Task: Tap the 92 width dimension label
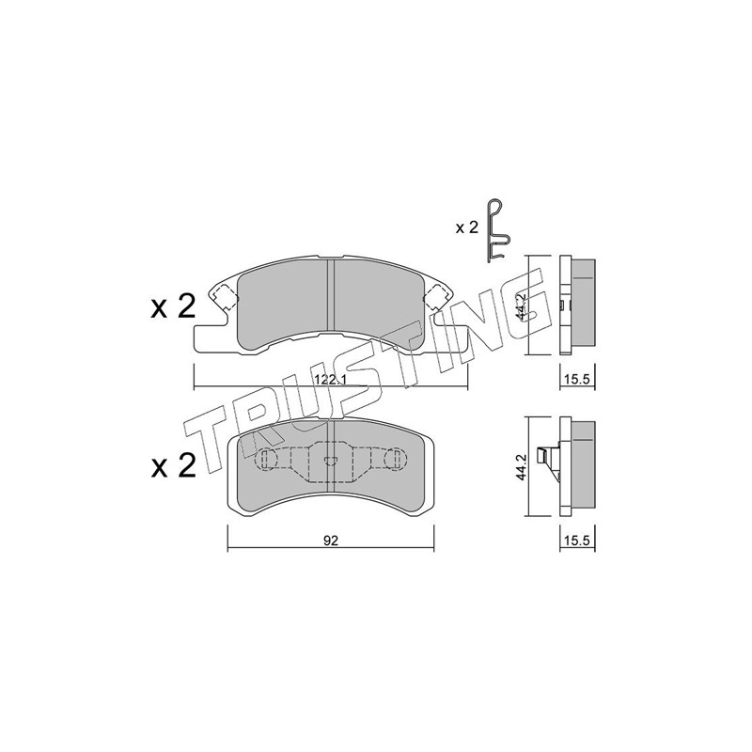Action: [x=331, y=540]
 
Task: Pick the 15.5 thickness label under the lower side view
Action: [x=578, y=540]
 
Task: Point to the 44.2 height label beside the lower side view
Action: [x=522, y=466]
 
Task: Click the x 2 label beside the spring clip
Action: [x=466, y=227]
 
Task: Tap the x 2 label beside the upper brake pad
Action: [x=173, y=306]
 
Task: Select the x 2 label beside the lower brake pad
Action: [x=173, y=465]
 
